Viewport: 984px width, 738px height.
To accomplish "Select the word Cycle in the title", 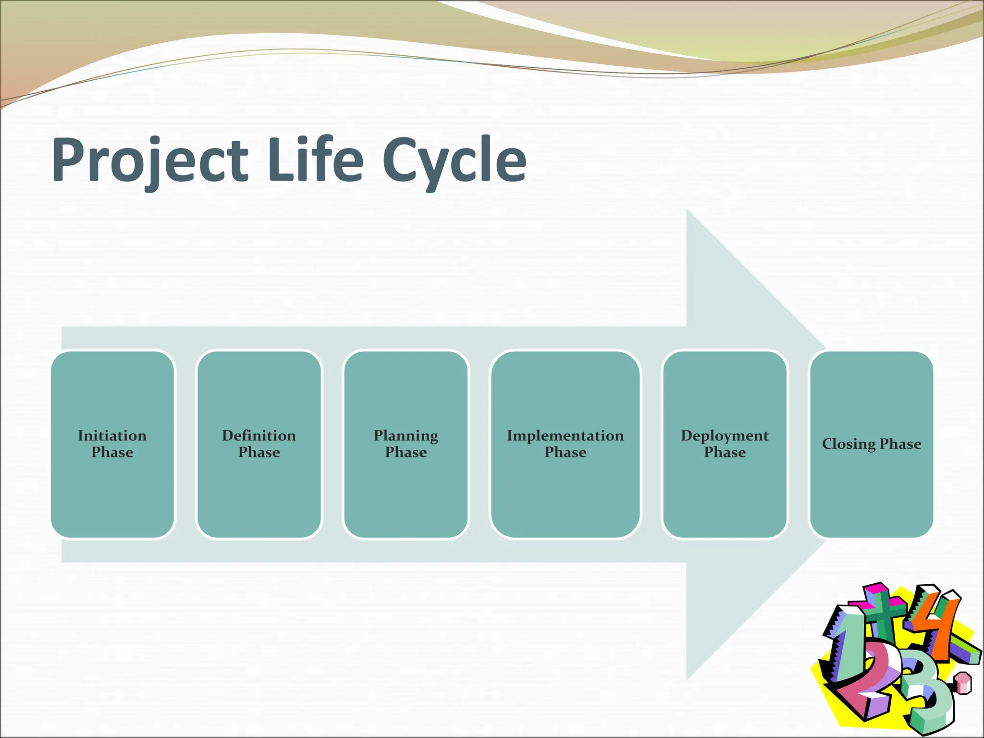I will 454,161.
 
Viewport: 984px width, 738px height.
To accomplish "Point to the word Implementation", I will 565,436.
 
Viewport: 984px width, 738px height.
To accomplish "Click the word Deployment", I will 725,436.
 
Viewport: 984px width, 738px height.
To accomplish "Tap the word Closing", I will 849,444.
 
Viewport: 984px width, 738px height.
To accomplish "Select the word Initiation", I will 112,436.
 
